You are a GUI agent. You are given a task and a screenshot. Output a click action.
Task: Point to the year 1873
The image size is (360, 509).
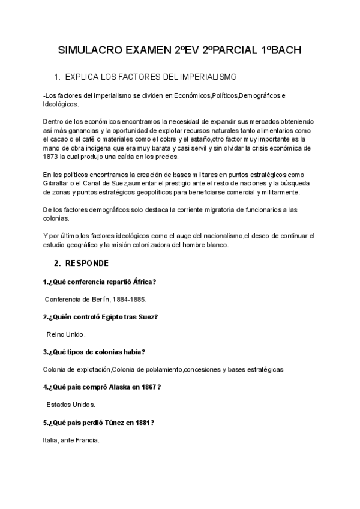click(x=52, y=157)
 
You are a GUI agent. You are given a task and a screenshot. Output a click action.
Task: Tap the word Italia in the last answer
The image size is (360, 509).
click(x=51, y=440)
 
